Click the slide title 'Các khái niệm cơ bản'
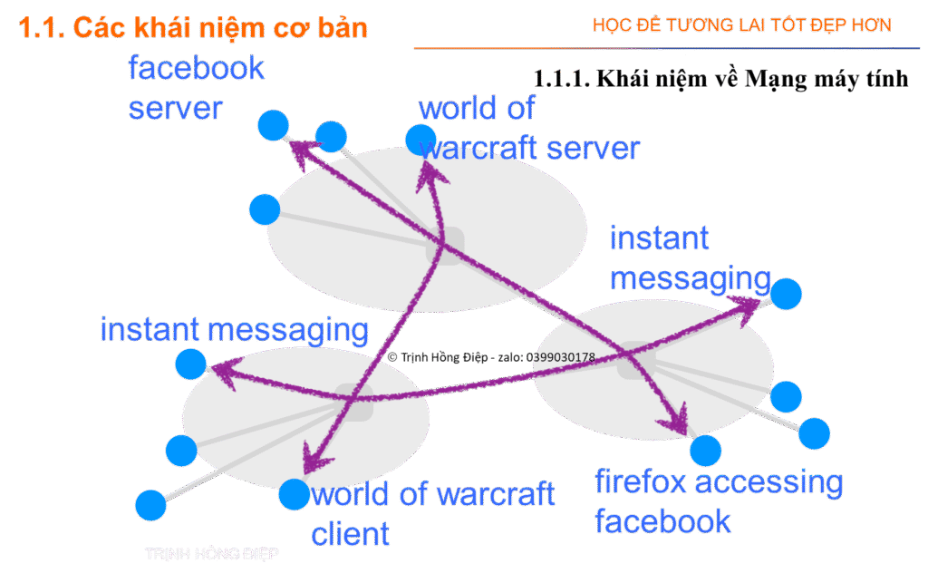[194, 27]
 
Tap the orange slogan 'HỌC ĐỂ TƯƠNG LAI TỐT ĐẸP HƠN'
[742, 24]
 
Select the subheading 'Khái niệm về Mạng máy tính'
[720, 79]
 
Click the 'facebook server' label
[196, 88]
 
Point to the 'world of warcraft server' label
[529, 128]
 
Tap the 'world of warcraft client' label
[432, 513]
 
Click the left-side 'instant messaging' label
[235, 329]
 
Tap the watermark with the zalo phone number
[491, 357]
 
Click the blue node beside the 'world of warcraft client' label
[294, 494]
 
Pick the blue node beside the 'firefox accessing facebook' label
[705, 449]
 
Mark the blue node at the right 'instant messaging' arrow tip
[786, 294]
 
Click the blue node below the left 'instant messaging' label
[190, 364]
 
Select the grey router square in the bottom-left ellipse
[353, 402]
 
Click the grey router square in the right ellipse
[636, 360]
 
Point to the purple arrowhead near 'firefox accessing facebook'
[675, 422]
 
